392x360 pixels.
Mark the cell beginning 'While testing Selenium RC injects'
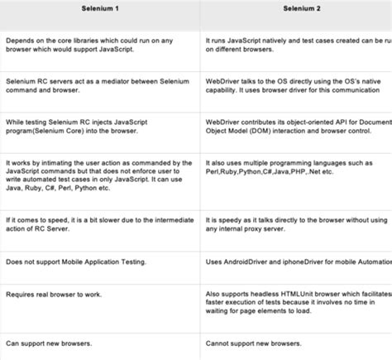point(99,126)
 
